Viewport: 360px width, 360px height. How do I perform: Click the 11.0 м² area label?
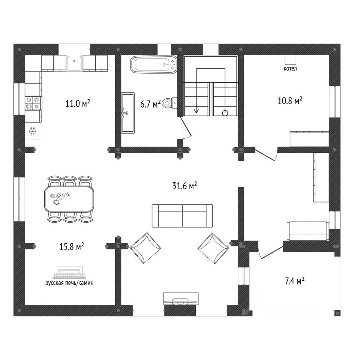77,103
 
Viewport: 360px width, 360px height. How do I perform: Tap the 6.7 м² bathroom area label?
150,104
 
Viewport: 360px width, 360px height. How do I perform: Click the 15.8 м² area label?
71,247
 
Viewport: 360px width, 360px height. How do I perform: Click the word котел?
291,69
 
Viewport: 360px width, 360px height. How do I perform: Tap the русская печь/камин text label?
69,283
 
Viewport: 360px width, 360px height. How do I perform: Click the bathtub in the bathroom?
153,65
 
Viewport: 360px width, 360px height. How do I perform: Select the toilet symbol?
170,103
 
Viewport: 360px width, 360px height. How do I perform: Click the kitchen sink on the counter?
75,63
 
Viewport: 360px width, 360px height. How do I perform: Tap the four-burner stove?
33,103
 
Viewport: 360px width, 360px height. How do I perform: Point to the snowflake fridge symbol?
33,131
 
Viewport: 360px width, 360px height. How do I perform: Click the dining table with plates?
69,198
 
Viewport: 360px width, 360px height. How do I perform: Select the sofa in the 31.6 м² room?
182,216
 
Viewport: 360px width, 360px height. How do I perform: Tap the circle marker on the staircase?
225,113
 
